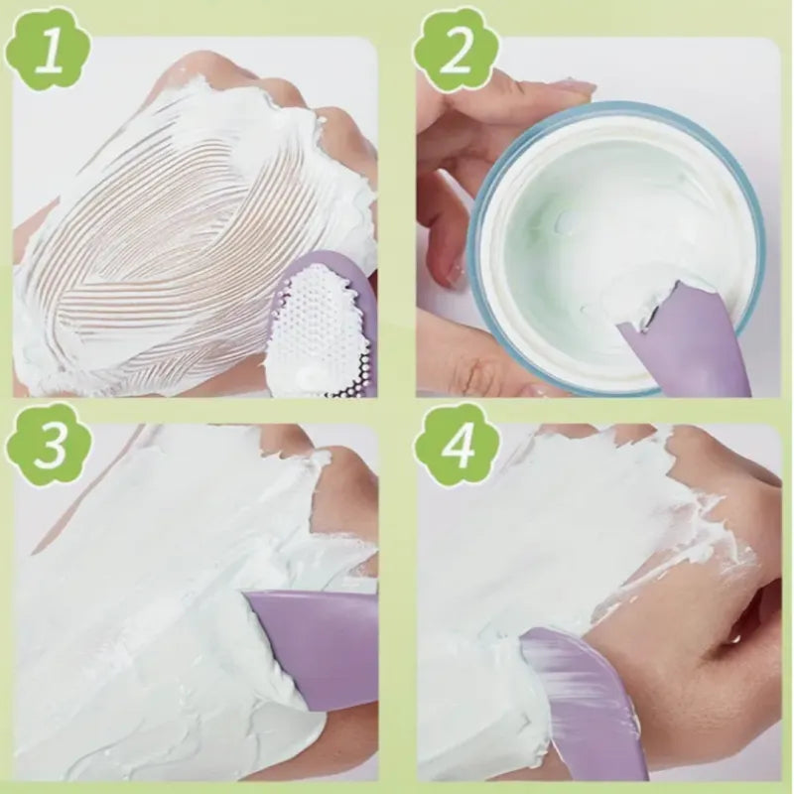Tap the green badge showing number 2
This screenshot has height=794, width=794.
[x=455, y=49]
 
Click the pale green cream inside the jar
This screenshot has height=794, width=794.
[x=586, y=208]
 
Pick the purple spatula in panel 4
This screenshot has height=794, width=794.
[x=586, y=695]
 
